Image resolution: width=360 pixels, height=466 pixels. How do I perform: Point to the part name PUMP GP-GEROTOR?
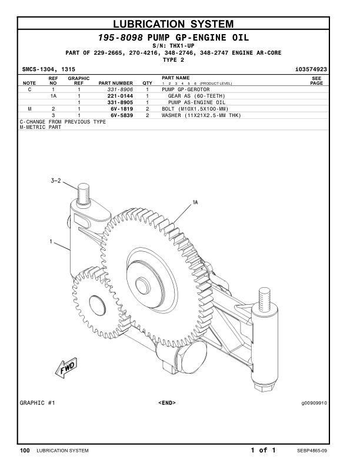click(185, 89)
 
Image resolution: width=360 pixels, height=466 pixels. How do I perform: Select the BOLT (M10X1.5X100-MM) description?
click(194, 109)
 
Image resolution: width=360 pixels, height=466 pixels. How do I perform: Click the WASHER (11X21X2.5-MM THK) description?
click(201, 115)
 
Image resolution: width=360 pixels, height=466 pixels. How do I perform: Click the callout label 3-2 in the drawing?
click(55, 181)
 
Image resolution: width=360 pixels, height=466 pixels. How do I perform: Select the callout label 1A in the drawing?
click(195, 202)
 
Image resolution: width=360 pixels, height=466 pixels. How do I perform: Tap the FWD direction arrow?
click(62, 370)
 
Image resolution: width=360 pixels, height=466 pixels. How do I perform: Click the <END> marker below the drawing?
click(167, 403)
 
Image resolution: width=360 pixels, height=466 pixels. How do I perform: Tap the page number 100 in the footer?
click(25, 451)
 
